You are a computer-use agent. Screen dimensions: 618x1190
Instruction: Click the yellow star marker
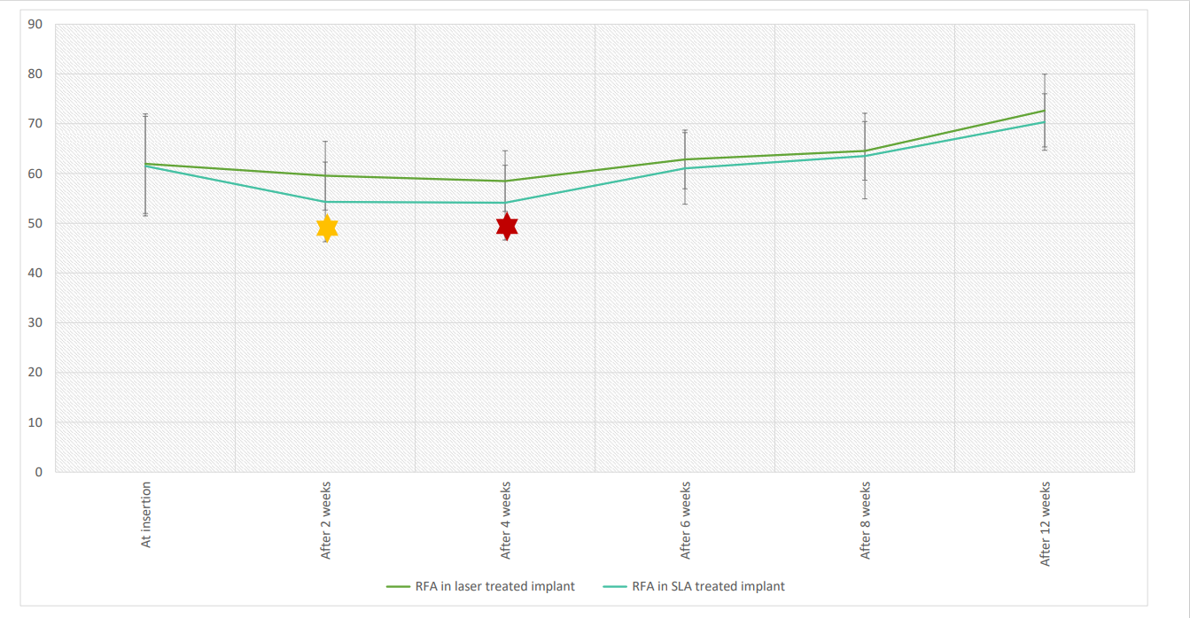click(x=327, y=228)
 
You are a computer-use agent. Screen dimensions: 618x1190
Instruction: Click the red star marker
click(x=507, y=227)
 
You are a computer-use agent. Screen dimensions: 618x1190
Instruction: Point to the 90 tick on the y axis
click(x=36, y=24)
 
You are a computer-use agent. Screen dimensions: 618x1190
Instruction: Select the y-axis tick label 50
click(x=36, y=223)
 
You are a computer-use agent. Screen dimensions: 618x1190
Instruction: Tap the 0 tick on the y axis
click(x=39, y=472)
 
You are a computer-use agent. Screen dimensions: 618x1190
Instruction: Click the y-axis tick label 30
click(x=36, y=323)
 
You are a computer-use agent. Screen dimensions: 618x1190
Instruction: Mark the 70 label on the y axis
click(x=36, y=124)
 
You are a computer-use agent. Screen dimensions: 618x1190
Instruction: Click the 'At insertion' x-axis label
click(x=146, y=514)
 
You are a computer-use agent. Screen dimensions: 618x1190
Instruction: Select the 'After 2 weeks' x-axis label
click(x=326, y=521)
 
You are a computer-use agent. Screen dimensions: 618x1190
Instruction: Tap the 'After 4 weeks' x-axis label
click(x=506, y=521)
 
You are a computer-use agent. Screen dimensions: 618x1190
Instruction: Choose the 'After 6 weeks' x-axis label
click(x=686, y=521)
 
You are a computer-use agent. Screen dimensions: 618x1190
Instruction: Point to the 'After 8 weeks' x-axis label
click(x=866, y=521)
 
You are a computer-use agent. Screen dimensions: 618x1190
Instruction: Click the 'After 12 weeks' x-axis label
click(x=1046, y=523)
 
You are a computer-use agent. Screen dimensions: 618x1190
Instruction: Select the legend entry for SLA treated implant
click(x=706, y=586)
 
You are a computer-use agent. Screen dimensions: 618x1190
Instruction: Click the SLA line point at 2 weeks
click(x=325, y=202)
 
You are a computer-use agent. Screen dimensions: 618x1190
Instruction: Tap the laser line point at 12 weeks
click(x=1045, y=111)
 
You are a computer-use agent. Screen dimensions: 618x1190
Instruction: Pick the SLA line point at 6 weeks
click(x=685, y=168)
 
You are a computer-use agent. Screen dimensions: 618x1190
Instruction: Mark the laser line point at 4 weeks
click(x=505, y=181)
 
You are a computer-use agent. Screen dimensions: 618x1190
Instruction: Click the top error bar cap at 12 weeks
click(x=1045, y=74)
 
